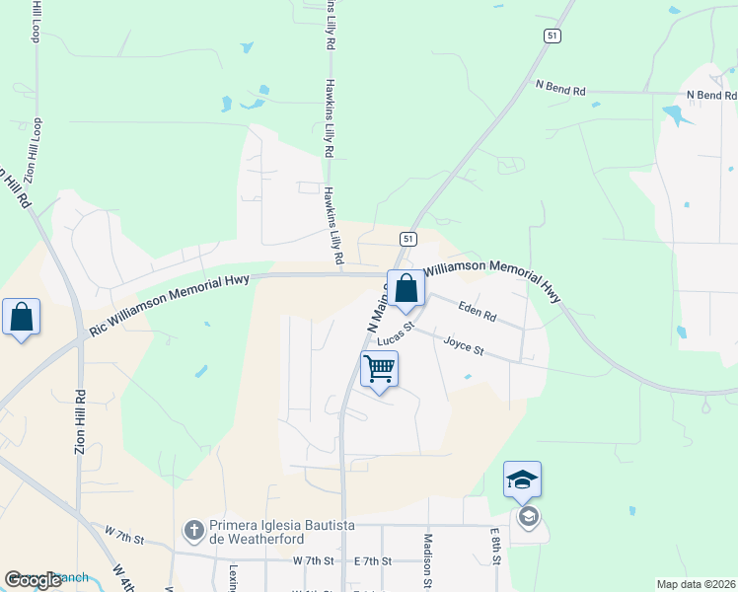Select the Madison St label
[428, 558]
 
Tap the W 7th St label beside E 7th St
[314, 560]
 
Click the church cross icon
[193, 532]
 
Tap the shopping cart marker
[380, 370]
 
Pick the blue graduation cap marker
[522, 481]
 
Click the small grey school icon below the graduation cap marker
[528, 516]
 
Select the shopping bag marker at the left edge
[22, 318]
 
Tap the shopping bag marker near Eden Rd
[406, 288]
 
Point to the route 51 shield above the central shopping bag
[406, 239]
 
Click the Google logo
[33, 580]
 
